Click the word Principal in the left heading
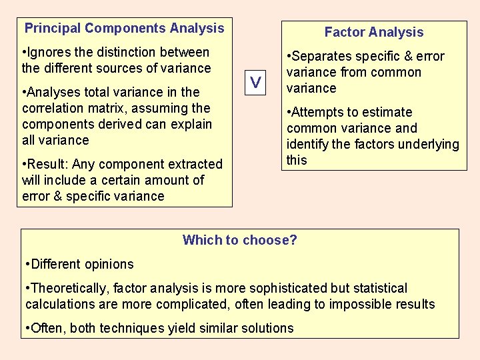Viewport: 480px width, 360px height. [53, 28]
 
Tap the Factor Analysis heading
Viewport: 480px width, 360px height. [373, 32]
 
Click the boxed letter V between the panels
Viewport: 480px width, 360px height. [255, 82]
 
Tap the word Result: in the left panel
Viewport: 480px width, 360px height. [49, 164]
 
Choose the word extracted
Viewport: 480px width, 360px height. [190, 164]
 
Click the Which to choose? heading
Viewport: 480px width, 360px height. [240, 240]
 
